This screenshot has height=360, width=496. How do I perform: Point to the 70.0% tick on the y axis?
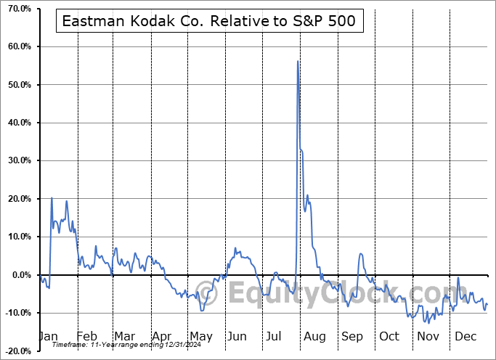(17, 9)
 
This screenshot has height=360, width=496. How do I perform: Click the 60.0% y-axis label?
(17, 47)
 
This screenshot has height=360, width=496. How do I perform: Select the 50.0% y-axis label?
(17, 85)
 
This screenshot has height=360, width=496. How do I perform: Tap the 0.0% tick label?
(20, 275)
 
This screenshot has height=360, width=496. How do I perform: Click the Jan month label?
(48, 337)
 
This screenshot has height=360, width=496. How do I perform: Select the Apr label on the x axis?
(162, 337)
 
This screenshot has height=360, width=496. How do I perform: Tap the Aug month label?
(314, 337)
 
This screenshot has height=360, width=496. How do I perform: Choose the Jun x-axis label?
(237, 337)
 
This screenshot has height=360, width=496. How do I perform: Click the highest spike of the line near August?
(298, 62)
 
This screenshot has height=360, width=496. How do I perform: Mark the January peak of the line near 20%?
(52, 198)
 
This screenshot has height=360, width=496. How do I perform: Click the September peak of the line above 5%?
(360, 254)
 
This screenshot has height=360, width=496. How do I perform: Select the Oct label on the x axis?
(389, 337)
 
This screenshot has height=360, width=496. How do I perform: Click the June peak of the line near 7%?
(235, 249)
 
